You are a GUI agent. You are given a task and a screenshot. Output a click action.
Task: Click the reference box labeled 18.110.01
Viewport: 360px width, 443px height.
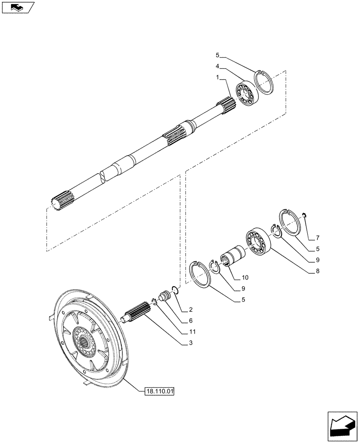point(160,391)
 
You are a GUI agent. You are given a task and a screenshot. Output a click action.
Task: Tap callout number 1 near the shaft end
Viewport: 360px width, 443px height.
point(218,78)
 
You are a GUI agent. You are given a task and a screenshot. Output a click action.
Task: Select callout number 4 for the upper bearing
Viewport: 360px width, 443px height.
point(218,66)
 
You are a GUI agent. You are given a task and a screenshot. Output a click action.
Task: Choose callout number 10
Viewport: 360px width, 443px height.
point(245,278)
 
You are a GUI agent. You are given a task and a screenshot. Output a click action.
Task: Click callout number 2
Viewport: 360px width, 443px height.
point(190,309)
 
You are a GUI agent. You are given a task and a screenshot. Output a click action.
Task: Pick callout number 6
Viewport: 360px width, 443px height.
point(190,320)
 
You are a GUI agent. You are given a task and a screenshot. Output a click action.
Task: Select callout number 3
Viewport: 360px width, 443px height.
point(190,342)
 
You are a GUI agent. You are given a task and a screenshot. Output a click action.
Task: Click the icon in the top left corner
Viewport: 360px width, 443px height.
point(17,7)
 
